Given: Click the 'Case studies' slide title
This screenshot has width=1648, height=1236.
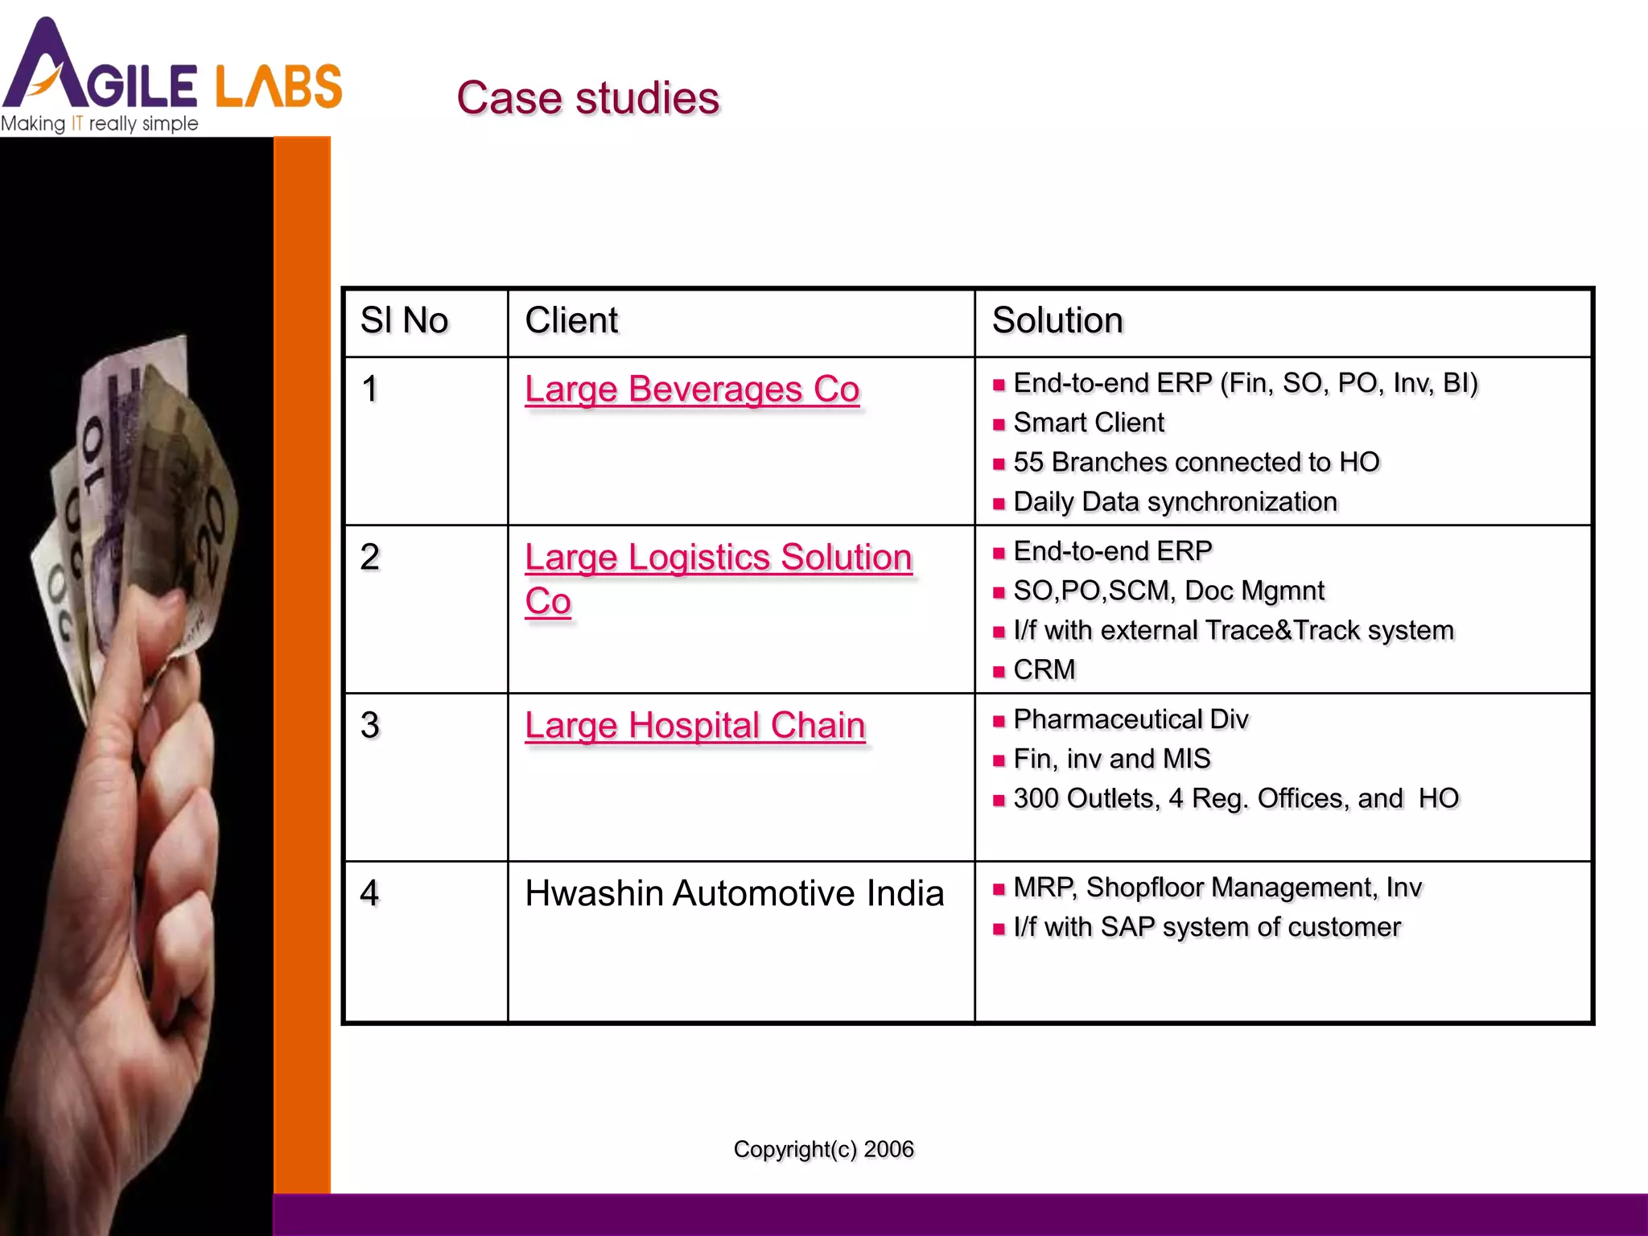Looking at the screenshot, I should tap(587, 98).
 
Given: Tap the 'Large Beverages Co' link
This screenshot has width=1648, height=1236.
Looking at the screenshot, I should tap(692, 389).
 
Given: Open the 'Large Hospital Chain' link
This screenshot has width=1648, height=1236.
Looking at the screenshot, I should tap(695, 725).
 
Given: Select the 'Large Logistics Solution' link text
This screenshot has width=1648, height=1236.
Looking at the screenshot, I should tap(719, 557).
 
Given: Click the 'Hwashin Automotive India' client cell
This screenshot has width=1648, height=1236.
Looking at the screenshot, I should tap(734, 893).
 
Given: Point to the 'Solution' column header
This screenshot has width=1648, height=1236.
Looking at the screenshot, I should tap(1057, 320).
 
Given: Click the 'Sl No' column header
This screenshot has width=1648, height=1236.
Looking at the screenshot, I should tap(404, 320).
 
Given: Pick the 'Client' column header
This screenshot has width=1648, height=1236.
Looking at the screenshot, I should tap(571, 320).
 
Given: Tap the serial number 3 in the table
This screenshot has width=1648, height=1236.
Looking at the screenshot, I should tap(370, 725).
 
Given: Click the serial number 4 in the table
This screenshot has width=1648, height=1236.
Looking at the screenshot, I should tap(370, 893).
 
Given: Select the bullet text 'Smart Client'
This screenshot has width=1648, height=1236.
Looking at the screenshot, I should tap(1088, 422).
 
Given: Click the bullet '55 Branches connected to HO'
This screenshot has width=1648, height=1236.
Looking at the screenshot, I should tap(1196, 462).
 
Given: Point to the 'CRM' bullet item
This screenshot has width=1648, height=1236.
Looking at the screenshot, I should tap(1044, 669).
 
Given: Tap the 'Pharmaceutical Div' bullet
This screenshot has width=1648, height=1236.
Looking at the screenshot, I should tap(1131, 719).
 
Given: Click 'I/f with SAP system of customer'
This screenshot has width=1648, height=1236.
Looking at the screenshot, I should tap(1206, 927).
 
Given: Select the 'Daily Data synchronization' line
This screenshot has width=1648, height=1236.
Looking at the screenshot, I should tap(1175, 501).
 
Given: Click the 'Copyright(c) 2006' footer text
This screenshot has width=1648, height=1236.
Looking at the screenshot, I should tap(823, 1149).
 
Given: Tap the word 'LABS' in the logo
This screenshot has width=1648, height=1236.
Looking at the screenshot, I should tap(278, 87).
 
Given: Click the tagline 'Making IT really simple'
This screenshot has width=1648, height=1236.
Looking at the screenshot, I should tap(100, 124).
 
